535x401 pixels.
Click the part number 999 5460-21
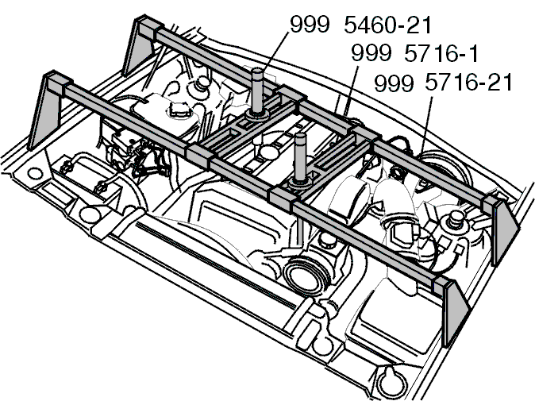[x=360, y=25]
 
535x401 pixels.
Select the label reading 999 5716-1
[x=414, y=53]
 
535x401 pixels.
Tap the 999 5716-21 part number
[x=443, y=83]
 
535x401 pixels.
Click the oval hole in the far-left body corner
[x=34, y=173]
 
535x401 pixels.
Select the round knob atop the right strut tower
[x=454, y=218]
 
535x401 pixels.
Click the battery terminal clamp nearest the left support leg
[x=67, y=168]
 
